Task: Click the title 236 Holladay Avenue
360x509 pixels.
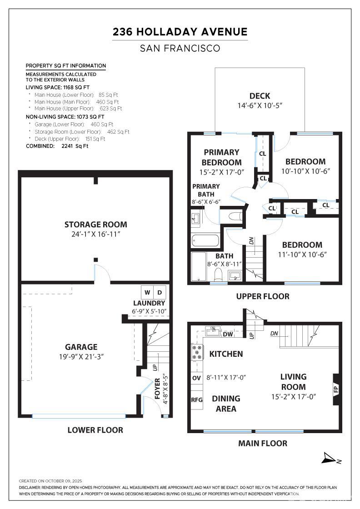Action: pyautogui.click(x=180, y=32)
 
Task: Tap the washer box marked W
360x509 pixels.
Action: pyautogui.click(x=147, y=292)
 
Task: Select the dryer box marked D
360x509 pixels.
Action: pyautogui.click(x=160, y=292)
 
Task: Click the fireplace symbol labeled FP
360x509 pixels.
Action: pyautogui.click(x=336, y=389)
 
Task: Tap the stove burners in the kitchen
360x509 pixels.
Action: pyautogui.click(x=197, y=352)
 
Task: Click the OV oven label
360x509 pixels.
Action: pyautogui.click(x=196, y=378)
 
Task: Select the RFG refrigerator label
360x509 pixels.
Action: pyautogui.click(x=197, y=400)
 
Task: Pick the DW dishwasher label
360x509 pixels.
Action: pyautogui.click(x=228, y=334)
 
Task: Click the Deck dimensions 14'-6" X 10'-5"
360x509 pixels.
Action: pyautogui.click(x=260, y=105)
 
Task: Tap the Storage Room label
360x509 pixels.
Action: pyautogui.click(x=96, y=225)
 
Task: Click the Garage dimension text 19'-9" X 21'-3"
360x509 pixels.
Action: pyautogui.click(x=81, y=356)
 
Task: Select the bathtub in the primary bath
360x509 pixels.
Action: pyautogui.click(x=205, y=240)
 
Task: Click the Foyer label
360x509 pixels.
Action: pyautogui.click(x=157, y=389)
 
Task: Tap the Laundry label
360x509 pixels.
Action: pyautogui.click(x=150, y=303)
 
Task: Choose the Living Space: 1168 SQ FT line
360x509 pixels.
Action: pyautogui.click(x=57, y=87)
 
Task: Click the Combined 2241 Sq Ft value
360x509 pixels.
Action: pyautogui.click(x=75, y=146)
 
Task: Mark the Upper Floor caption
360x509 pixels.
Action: pyautogui.click(x=263, y=296)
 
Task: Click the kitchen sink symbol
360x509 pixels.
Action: pyautogui.click(x=213, y=331)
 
